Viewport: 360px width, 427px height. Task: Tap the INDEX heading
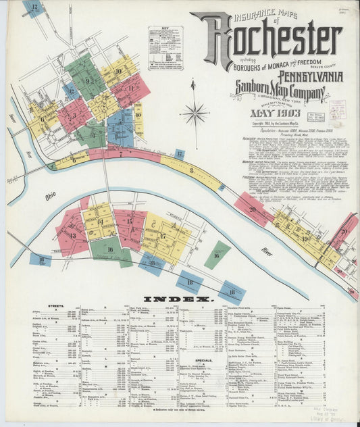(x=179, y=298)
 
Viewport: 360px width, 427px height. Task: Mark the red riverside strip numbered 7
(x=122, y=153)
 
